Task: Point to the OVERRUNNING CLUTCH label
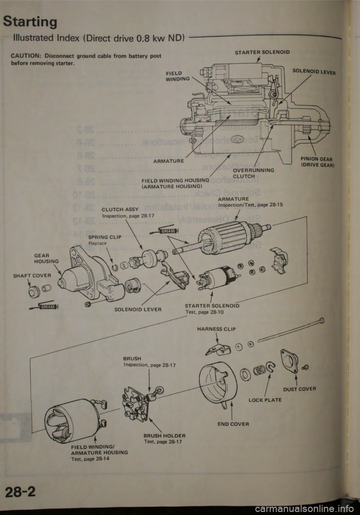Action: (x=254, y=173)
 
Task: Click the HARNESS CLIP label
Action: (x=216, y=329)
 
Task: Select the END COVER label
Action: (x=233, y=424)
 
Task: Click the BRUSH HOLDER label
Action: (x=165, y=435)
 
